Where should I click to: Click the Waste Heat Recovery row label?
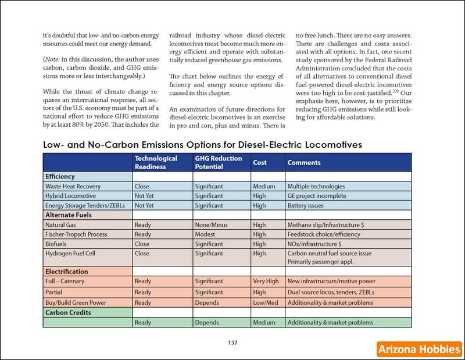pyautogui.click(x=74, y=187)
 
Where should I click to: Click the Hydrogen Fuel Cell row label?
pyautogui.click(x=71, y=254)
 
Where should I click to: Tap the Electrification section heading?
pyautogui.click(x=66, y=271)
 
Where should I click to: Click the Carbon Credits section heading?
pyautogui.click(x=68, y=312)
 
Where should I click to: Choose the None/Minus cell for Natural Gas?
pyautogui.click(x=213, y=224)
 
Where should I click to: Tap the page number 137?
pyautogui.click(x=233, y=342)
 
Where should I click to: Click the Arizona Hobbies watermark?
pyautogui.click(x=418, y=349)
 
